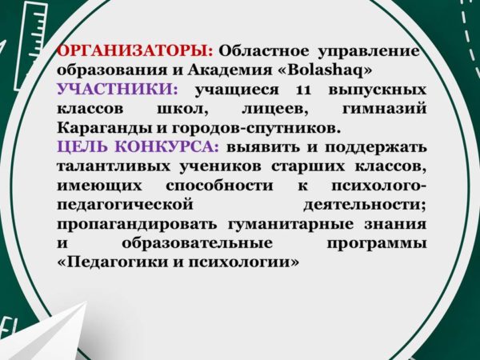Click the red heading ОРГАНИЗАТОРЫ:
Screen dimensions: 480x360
(x=135, y=51)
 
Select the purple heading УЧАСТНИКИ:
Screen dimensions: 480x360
(x=118, y=90)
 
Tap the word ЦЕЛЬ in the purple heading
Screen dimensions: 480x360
(x=82, y=147)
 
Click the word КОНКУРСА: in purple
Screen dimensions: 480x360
(x=167, y=147)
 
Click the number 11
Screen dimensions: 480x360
(x=303, y=90)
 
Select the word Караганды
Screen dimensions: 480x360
(x=105, y=129)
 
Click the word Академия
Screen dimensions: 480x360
(x=230, y=71)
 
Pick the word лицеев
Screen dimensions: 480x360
(x=275, y=110)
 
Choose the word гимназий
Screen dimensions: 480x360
(x=384, y=109)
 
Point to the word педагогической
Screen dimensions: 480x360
(x=125, y=206)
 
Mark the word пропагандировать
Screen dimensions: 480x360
(x=137, y=225)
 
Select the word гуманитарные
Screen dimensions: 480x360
(x=290, y=225)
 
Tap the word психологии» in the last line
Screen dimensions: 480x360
(x=243, y=263)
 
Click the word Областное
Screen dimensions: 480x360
(x=263, y=51)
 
